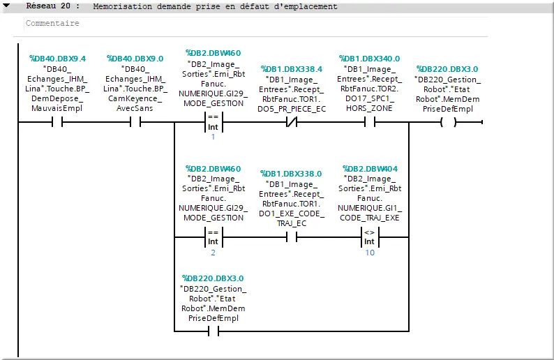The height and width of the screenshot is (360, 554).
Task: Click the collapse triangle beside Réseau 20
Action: tap(6, 6)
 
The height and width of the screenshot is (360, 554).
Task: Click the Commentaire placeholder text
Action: tap(52, 23)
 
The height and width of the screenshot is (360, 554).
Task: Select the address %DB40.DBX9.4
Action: tap(58, 59)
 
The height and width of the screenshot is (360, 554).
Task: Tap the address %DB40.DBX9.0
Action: tap(135, 59)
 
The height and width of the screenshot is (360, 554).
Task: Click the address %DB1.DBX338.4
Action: tap(292, 69)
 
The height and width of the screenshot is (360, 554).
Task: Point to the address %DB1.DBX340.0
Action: tap(369, 59)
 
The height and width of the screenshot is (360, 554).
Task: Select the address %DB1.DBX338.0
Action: tap(291, 174)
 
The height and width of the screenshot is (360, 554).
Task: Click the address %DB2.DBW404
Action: tap(370, 169)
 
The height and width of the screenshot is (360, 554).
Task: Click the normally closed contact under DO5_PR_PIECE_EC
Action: tap(292, 122)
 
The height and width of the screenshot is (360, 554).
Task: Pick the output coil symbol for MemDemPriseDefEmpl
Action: tap(449, 122)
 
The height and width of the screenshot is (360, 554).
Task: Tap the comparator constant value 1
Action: tap(213, 137)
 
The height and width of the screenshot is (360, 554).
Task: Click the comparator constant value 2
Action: tap(213, 253)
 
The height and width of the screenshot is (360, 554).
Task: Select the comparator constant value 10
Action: tap(370, 253)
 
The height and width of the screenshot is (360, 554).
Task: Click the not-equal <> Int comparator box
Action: tap(370, 237)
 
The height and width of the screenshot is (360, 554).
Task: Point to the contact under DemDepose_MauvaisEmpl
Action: tap(57, 122)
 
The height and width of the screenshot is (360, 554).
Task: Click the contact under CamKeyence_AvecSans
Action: tap(135, 122)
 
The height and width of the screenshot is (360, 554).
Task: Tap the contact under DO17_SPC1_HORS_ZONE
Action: tap(370, 122)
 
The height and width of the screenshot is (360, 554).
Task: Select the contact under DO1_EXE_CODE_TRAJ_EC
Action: tap(292, 237)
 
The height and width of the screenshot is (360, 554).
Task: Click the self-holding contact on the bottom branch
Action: tap(214, 331)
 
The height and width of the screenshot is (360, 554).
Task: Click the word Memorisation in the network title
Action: tap(123, 6)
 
